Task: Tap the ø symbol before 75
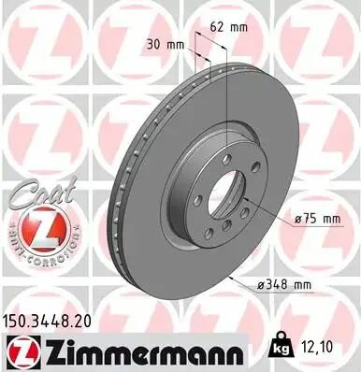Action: click(x=297, y=219)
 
